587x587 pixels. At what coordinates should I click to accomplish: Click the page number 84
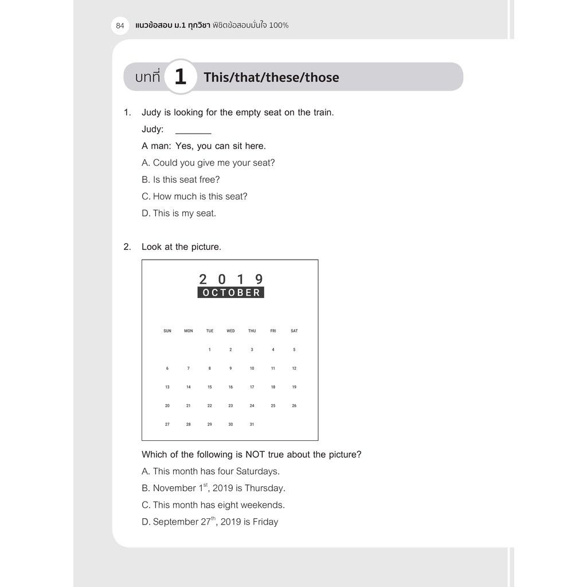click(120, 25)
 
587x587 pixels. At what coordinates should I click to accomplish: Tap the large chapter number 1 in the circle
click(180, 77)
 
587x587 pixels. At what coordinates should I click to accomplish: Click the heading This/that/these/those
click(271, 77)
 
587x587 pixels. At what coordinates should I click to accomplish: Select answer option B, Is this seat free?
click(181, 179)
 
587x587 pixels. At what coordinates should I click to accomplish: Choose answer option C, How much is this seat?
click(194, 196)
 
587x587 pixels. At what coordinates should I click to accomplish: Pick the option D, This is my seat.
click(179, 213)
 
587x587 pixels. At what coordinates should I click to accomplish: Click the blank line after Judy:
click(193, 130)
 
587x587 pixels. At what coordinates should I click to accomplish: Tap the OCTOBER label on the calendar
click(230, 292)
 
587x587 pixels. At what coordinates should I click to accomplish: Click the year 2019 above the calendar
click(230, 279)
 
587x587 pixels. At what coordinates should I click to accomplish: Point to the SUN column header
click(167, 331)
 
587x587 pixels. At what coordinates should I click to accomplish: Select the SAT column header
click(294, 331)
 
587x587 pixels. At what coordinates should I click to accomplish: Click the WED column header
click(230, 331)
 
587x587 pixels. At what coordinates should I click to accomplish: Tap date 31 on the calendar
click(252, 424)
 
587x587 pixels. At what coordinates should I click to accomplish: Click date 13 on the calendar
click(167, 387)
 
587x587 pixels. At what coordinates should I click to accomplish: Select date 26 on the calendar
click(294, 406)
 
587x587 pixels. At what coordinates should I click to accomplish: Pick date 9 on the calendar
click(230, 368)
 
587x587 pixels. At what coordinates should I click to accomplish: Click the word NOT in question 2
click(255, 455)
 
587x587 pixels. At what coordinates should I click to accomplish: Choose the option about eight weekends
click(213, 505)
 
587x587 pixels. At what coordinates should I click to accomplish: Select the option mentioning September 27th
click(210, 522)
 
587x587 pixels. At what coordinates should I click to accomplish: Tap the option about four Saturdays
click(210, 471)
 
